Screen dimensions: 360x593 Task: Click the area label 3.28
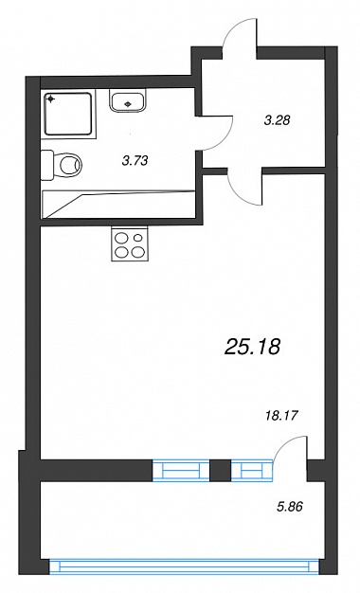(277, 120)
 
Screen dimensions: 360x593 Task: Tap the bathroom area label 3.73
(135, 161)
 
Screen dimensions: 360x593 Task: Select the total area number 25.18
(252, 347)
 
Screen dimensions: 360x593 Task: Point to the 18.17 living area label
(280, 417)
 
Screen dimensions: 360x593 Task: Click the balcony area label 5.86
(290, 507)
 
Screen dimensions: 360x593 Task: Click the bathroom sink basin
(129, 100)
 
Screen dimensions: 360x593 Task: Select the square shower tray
(68, 114)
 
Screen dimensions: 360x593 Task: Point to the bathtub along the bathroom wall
(118, 205)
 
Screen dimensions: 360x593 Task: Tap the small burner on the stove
(138, 238)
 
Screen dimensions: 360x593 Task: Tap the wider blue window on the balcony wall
(181, 470)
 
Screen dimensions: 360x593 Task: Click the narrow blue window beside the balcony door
(251, 470)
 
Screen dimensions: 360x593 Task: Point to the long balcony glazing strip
(185, 566)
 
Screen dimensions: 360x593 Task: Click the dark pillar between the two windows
(220, 470)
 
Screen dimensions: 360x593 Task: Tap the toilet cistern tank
(46, 165)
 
